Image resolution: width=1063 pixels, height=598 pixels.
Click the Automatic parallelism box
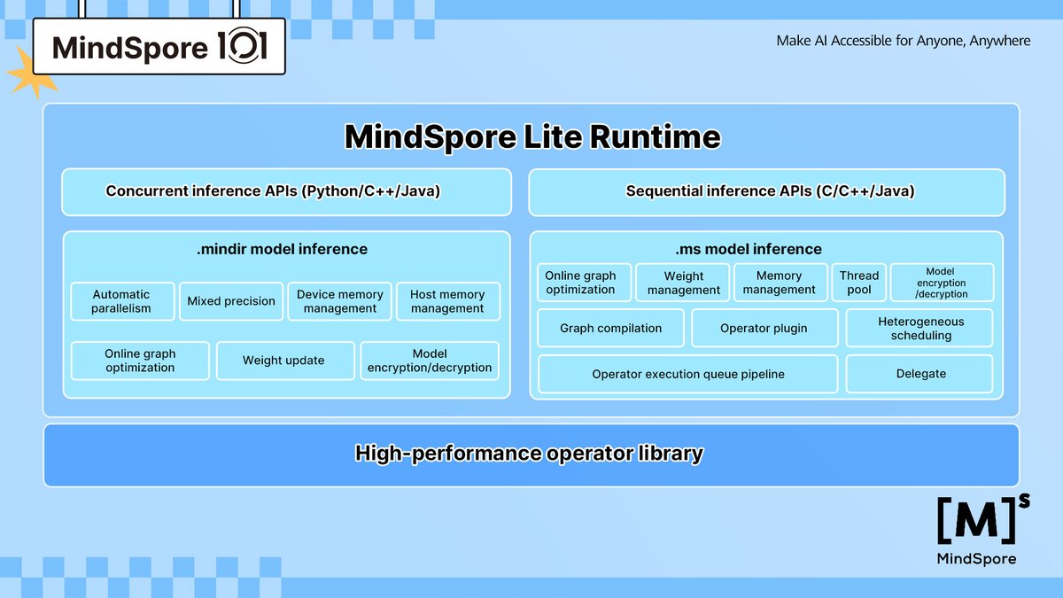(122, 301)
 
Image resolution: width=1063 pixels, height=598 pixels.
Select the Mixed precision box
(231, 301)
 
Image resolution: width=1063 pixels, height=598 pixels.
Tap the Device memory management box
(340, 301)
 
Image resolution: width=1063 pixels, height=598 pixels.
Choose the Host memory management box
(447, 301)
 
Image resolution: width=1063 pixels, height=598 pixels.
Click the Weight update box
(283, 361)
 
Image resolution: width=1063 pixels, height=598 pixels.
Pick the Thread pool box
(858, 283)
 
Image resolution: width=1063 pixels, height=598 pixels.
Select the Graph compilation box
(610, 328)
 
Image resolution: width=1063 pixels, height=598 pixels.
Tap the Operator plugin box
(764, 328)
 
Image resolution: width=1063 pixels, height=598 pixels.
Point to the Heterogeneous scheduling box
(920, 328)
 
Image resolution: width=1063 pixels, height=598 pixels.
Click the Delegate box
(920, 374)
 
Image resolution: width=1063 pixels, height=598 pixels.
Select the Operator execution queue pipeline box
(687, 374)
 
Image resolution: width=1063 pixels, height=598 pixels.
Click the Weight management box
(683, 283)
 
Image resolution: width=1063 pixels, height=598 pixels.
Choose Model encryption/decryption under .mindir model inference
(430, 361)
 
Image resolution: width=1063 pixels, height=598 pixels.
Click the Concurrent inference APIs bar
(286, 191)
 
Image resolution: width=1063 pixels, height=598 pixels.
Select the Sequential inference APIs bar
(767, 191)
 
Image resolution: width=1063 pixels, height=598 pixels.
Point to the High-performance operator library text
(529, 454)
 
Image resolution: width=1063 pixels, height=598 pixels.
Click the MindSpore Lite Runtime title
(531, 137)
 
